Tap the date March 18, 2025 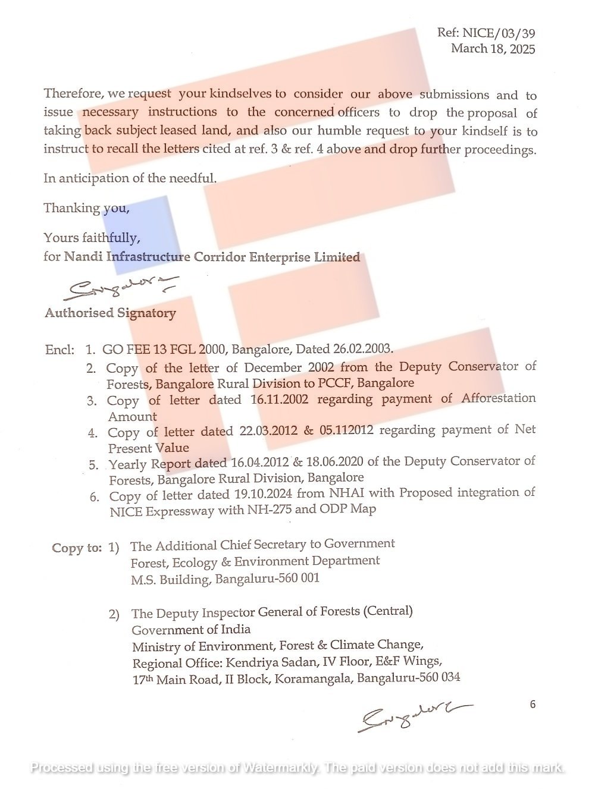493,49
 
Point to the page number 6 533,705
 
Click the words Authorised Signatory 110,313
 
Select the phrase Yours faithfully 92,238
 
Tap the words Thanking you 86,208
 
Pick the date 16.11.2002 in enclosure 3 280,400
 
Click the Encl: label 60,350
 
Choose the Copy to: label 77,548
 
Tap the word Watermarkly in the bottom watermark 280,768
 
